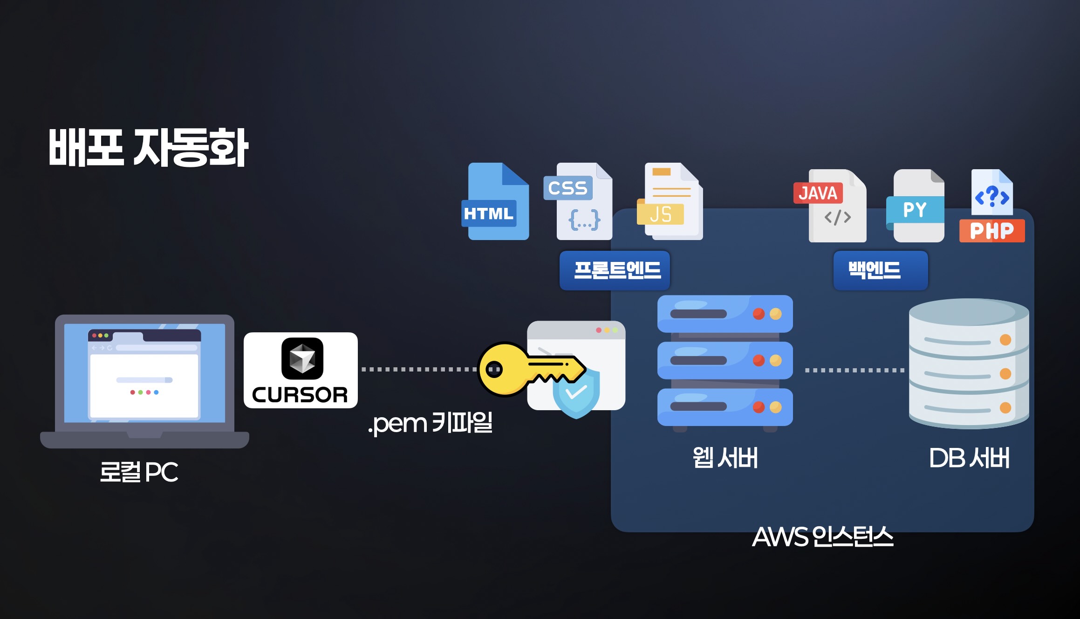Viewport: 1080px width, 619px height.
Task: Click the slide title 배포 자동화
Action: (x=148, y=148)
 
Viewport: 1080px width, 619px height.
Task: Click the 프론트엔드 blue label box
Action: (x=615, y=270)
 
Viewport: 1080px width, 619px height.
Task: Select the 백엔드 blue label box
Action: (x=880, y=270)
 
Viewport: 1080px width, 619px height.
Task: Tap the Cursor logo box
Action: (x=301, y=370)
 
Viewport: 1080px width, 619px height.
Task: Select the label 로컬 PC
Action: (x=139, y=472)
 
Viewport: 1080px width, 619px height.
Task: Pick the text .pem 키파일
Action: (x=430, y=423)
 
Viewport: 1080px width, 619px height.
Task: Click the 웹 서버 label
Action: (x=725, y=458)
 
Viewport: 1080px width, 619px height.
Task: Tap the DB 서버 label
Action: (x=969, y=458)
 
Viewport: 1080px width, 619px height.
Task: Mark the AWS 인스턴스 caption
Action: (x=823, y=536)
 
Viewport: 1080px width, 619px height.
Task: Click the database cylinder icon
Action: (x=969, y=364)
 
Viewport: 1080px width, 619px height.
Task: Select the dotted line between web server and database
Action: (x=854, y=371)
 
